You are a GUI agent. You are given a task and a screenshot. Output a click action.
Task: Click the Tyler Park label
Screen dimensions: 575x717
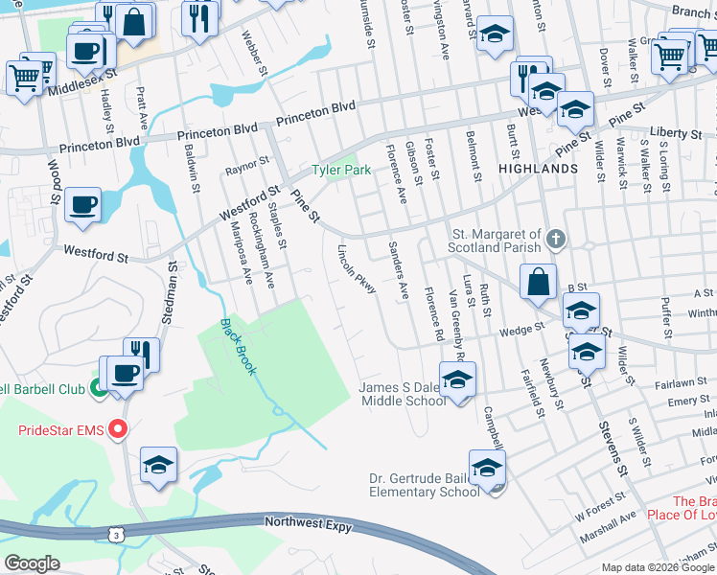point(340,171)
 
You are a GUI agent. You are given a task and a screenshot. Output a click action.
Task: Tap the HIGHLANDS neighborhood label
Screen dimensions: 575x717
point(538,169)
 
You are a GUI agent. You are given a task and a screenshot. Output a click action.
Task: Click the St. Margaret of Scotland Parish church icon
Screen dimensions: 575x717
point(555,236)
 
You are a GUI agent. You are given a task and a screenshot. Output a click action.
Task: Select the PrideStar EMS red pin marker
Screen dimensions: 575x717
point(118,429)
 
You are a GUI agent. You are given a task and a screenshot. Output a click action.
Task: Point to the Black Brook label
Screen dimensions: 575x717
point(239,346)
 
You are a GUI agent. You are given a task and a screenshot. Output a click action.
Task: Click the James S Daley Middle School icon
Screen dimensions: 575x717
point(457,379)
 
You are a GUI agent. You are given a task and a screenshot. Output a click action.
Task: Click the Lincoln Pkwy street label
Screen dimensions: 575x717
point(356,268)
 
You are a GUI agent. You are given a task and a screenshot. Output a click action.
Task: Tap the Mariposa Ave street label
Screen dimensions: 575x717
point(241,253)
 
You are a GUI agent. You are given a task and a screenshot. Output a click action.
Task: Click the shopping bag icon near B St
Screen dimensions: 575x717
point(539,282)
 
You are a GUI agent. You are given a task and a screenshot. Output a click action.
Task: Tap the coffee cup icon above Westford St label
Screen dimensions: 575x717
point(83,204)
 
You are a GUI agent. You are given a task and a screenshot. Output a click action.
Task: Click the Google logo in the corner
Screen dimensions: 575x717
point(33,563)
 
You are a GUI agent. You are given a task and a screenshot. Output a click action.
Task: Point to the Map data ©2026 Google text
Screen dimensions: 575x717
point(658,567)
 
